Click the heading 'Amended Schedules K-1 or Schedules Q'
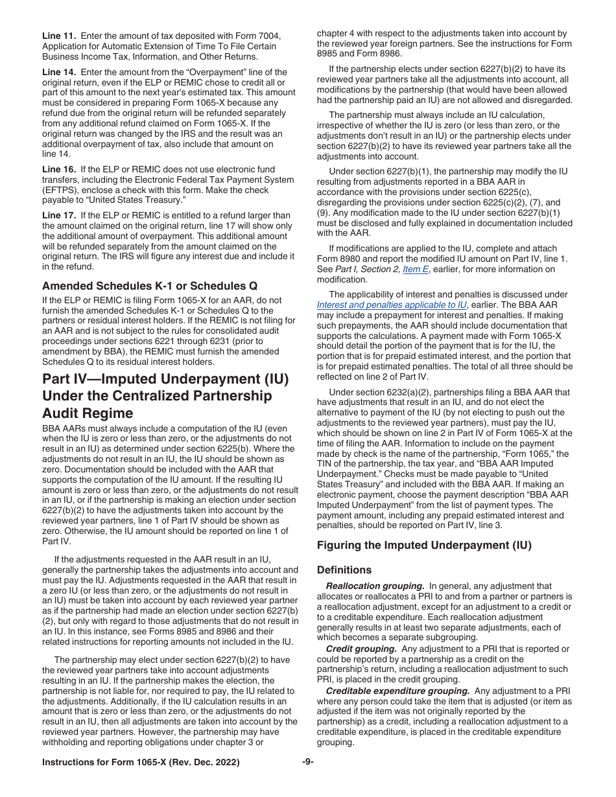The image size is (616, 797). [149, 286]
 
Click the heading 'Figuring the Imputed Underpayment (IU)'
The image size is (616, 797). [424, 545]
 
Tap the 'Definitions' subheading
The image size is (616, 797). [344, 570]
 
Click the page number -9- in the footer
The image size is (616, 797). [307, 762]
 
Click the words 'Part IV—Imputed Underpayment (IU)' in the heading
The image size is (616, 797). [165, 378]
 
